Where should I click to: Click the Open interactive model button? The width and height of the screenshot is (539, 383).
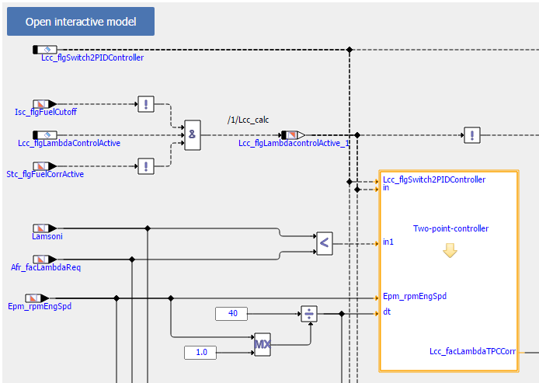(x=81, y=22)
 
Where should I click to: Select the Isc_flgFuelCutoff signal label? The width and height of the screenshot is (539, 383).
(x=47, y=112)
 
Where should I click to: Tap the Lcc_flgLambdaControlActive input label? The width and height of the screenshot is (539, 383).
(x=69, y=143)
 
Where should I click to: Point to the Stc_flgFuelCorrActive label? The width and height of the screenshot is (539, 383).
(x=45, y=174)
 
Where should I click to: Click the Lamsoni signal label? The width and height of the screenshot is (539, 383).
(x=45, y=236)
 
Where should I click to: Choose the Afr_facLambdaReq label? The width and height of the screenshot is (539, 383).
(x=57, y=267)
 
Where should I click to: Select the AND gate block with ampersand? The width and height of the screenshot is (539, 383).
(x=193, y=135)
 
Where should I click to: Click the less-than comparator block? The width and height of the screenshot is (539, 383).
(x=325, y=243)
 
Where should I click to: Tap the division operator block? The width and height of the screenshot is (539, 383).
(x=309, y=314)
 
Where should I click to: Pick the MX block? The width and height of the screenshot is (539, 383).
(x=263, y=344)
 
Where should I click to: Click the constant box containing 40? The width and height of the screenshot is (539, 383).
(x=231, y=314)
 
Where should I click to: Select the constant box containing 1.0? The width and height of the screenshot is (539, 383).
(x=200, y=353)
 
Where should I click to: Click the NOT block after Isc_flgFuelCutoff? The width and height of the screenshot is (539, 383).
(x=146, y=104)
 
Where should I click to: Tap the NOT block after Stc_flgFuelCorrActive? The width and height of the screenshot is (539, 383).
(x=146, y=165)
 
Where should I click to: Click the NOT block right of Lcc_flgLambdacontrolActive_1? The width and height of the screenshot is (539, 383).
(x=471, y=135)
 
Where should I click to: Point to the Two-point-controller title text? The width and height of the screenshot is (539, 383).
(x=450, y=228)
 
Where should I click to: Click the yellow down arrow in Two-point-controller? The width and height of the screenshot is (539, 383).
(x=450, y=251)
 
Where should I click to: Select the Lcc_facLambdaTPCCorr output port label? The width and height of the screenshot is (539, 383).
(x=472, y=352)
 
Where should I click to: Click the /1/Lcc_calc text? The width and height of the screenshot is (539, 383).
(x=247, y=120)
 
